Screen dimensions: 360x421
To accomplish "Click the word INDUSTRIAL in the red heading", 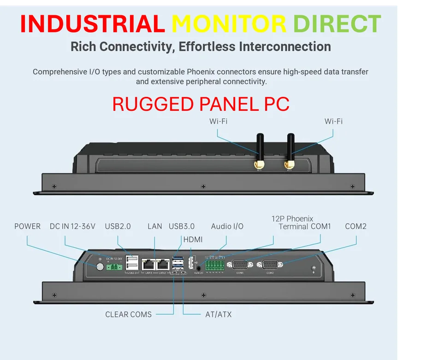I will [93, 24].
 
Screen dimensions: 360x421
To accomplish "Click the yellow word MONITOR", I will [229, 24].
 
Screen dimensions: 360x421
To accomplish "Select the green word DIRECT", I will [337, 24].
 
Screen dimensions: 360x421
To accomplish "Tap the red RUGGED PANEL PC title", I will [201, 104].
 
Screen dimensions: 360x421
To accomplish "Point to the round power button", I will [100, 267].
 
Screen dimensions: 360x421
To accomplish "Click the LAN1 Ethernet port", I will [148, 265].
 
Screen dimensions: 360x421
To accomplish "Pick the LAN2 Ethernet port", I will [162, 265].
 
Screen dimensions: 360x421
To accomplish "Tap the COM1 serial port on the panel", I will [240, 265].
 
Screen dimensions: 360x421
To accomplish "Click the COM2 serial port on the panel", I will [270, 265].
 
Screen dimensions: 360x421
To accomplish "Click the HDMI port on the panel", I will [190, 264].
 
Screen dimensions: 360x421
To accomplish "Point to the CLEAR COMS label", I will [128, 314].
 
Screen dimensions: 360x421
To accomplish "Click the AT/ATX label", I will [218, 314].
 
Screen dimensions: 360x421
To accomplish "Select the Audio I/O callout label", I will [227, 226].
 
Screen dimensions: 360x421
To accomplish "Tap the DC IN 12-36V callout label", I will [72, 226].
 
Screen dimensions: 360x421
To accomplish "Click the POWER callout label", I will [27, 226].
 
